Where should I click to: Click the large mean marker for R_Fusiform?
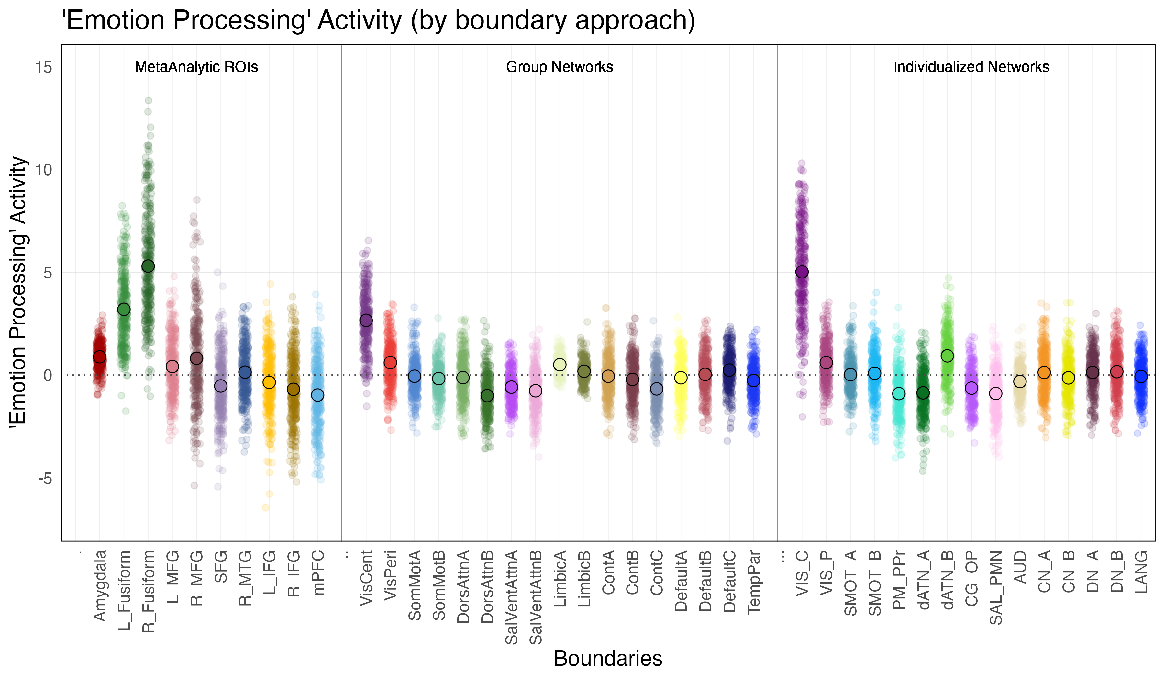tap(148, 266)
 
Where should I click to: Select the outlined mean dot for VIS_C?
tap(802, 272)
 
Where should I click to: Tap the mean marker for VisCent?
tap(366, 321)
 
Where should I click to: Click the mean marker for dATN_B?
tap(947, 356)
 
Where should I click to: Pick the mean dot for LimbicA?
tap(560, 365)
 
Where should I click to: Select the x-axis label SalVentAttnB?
tap(536, 597)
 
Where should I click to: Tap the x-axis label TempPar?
tap(754, 582)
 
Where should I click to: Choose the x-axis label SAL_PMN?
tap(996, 587)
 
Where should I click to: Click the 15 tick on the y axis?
tap(44, 68)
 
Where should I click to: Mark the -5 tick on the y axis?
tap(45, 478)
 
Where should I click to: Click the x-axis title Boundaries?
tap(608, 658)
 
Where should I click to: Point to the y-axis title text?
tap(18, 290)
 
